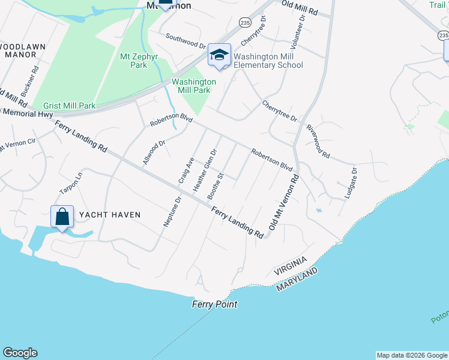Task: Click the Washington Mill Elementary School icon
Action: (220, 55)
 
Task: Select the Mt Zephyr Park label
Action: (134, 61)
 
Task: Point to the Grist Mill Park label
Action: (64, 106)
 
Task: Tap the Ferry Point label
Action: (214, 304)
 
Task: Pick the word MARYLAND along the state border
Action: (297, 280)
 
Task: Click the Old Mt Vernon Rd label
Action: (284, 203)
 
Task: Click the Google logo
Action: (20, 353)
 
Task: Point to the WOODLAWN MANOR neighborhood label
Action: (20, 50)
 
